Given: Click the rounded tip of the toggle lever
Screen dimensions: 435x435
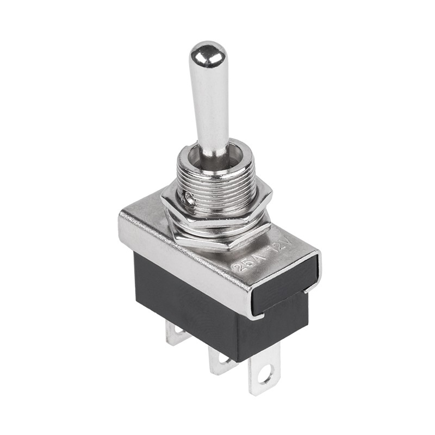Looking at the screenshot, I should (208, 53).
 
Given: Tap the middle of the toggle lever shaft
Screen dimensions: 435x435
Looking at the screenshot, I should (209, 103).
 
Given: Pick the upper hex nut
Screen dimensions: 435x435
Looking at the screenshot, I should (217, 209).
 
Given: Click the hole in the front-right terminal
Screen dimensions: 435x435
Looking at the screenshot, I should (265, 375).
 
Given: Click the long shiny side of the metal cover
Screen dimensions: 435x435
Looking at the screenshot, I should (185, 256).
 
